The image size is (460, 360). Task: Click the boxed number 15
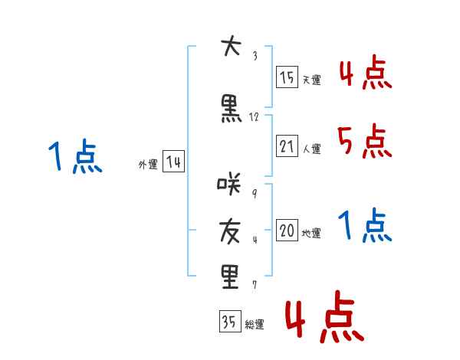(x=287, y=77)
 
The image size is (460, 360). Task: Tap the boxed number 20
(x=287, y=231)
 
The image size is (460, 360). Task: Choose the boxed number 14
(x=173, y=162)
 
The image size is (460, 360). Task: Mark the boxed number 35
(x=229, y=322)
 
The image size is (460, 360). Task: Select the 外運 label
(x=148, y=165)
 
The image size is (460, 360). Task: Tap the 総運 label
(x=254, y=325)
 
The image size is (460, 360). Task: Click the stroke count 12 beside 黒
(x=255, y=117)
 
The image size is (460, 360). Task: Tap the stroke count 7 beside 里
(x=254, y=285)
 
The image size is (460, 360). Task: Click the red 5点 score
(x=363, y=142)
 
